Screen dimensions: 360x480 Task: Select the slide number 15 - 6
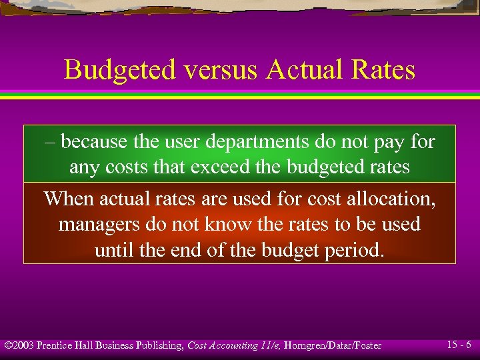(x=459, y=345)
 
